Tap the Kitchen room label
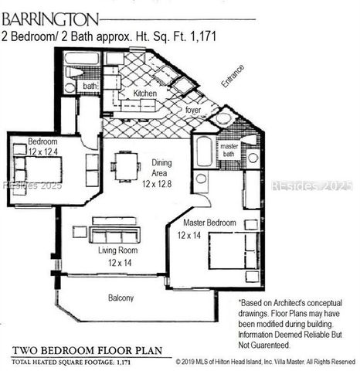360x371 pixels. pos(144,94)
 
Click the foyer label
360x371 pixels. pos(193,110)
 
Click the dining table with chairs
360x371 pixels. pos(124,165)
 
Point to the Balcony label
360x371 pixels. pos(121,298)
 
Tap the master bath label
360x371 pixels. pos(229,151)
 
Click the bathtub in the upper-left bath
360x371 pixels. pos(82,58)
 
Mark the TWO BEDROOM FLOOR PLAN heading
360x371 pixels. pos(87,350)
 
